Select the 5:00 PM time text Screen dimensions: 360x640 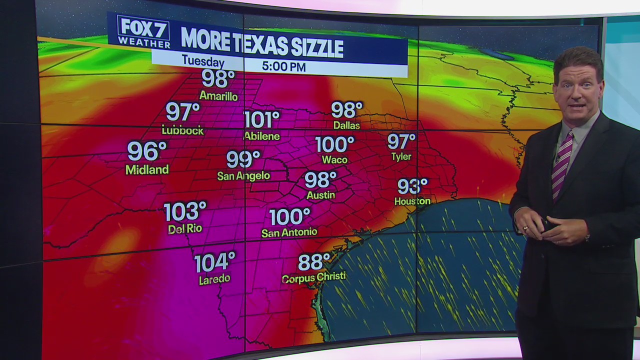[283, 66]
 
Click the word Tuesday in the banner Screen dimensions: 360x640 [202, 61]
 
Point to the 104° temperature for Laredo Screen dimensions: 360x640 [214, 262]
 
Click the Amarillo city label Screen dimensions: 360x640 [218, 96]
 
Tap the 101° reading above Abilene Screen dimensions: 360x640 [261, 120]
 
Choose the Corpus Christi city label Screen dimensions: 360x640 [313, 277]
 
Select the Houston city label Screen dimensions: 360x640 [412, 201]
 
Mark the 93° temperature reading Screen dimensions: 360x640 [412, 186]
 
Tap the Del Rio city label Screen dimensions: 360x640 [185, 229]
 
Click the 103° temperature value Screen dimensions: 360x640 [185, 212]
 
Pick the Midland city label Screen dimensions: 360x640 [147, 170]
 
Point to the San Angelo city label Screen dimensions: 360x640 [243, 175]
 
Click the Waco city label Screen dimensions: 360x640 [334, 159]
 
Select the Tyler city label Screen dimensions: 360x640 [401, 156]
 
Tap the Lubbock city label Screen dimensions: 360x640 [182, 130]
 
